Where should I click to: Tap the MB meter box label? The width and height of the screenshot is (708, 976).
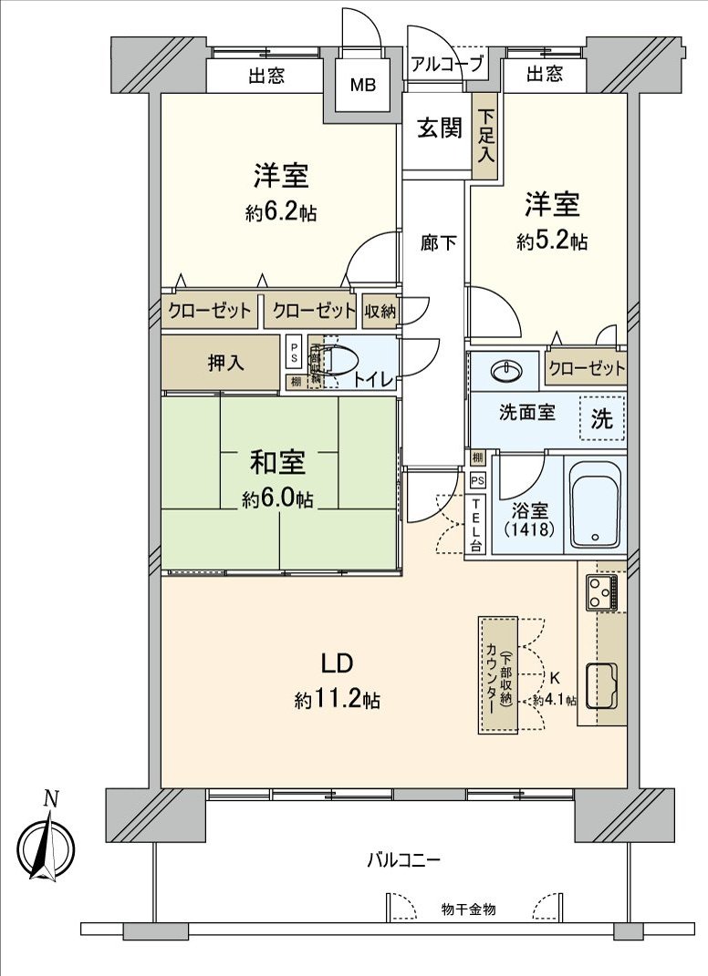(364, 87)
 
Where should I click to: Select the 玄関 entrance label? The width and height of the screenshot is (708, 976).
(439, 128)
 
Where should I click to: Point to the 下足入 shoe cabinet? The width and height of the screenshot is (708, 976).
(485, 136)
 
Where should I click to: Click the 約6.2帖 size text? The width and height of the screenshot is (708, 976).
(281, 213)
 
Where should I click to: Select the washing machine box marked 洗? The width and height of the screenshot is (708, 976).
(602, 419)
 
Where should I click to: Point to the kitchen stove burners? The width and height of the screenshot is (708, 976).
(602, 592)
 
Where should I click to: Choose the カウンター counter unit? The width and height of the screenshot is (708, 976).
(497, 674)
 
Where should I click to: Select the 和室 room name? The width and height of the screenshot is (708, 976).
(278, 463)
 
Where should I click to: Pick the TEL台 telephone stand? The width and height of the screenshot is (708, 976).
(475, 527)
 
